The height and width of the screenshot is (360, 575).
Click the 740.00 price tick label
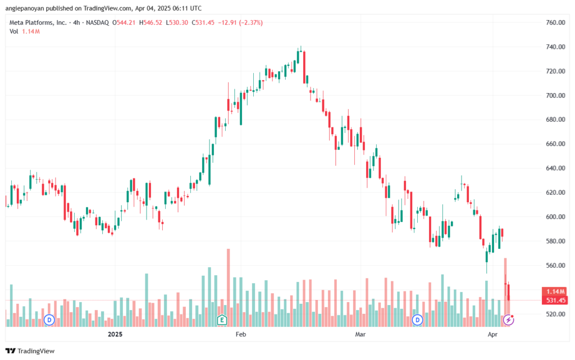(555, 47)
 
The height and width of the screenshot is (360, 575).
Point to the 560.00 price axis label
(555, 266)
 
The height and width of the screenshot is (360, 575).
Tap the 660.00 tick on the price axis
(555, 144)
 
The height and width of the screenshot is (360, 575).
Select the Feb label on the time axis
(240, 334)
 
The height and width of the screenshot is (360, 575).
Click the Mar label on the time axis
(360, 334)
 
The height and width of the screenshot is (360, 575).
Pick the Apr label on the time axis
(492, 334)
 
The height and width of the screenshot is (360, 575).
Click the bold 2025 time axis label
(115, 334)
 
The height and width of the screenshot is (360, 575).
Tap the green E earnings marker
(221, 320)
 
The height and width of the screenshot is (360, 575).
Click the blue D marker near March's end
(417, 320)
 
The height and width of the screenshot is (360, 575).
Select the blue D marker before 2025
(49, 320)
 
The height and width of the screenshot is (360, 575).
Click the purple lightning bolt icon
(508, 320)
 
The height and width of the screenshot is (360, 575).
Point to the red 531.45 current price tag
(555, 300)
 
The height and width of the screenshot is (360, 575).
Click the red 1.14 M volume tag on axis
(555, 292)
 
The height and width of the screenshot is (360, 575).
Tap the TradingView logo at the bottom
(30, 351)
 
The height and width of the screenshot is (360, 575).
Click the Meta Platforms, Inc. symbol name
(38, 22)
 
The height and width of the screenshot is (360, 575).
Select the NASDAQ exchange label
(98, 22)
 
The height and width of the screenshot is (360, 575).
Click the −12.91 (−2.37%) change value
(240, 22)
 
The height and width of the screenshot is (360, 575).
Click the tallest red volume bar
(229, 288)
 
